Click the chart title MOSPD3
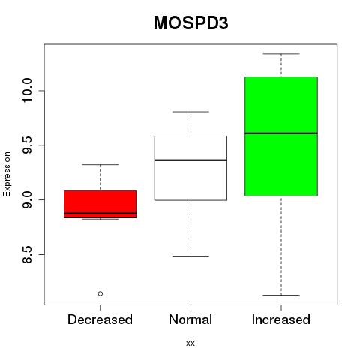(190, 23)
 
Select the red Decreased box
(100, 204)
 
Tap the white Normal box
(190, 168)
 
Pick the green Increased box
(281, 136)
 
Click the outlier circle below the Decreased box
(100, 293)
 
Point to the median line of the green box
(281, 133)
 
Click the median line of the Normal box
(190, 160)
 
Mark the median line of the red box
(100, 214)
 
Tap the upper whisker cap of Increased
(281, 54)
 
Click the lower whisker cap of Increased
(281, 295)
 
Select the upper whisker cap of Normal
(190, 112)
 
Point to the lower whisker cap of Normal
(190, 256)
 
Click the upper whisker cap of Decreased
(100, 164)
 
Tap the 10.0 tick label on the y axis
(27, 90)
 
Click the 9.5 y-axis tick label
(27, 145)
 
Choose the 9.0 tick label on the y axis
(27, 199)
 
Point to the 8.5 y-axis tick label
(27, 254)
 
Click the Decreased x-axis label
(100, 319)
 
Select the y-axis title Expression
(7, 175)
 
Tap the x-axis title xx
(190, 343)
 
